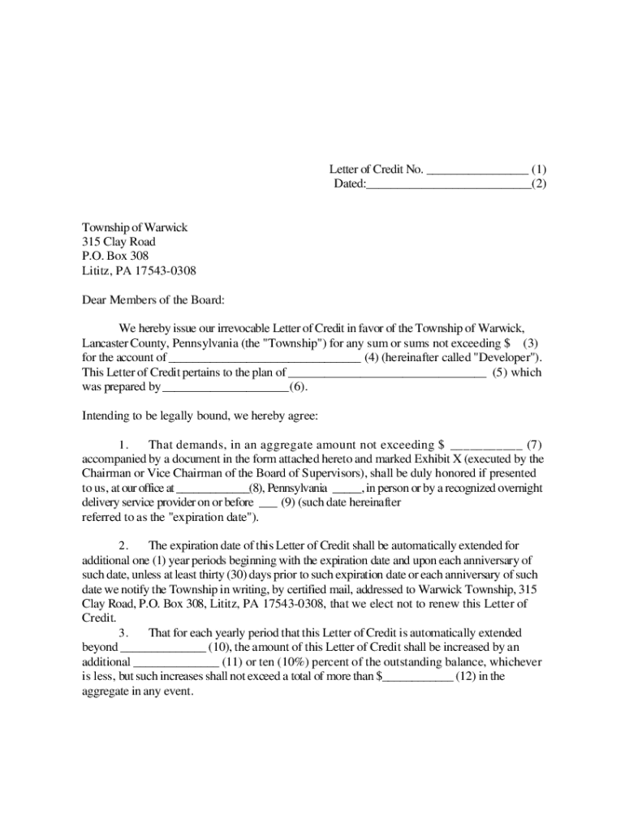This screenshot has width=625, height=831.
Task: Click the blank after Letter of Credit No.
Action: [476, 170]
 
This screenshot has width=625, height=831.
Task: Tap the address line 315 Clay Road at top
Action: [119, 242]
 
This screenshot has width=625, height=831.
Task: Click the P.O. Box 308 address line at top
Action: [115, 256]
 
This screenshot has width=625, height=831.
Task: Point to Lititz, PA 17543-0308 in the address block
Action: [139, 271]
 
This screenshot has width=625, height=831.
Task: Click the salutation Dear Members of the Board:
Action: [153, 300]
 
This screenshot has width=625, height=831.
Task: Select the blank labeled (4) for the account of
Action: [264, 358]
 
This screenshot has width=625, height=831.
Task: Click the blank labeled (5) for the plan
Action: [387, 372]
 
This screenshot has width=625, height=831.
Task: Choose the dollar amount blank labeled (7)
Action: [486, 445]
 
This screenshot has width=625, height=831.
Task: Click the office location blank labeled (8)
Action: [212, 489]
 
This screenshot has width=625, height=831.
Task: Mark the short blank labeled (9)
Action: [268, 503]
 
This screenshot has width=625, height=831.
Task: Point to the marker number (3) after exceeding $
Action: [532, 343]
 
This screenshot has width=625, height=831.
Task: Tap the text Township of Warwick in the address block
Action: [135, 227]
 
